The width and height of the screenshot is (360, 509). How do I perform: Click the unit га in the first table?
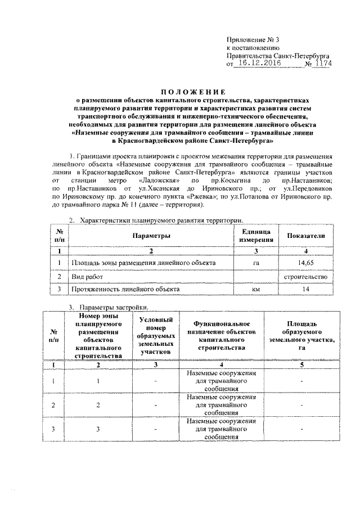tap(256, 263)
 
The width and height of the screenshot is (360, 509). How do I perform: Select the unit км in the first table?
tap(256, 289)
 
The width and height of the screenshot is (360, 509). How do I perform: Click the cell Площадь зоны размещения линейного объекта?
tap(142, 263)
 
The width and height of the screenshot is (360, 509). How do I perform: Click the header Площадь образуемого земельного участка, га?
tap(301, 336)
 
